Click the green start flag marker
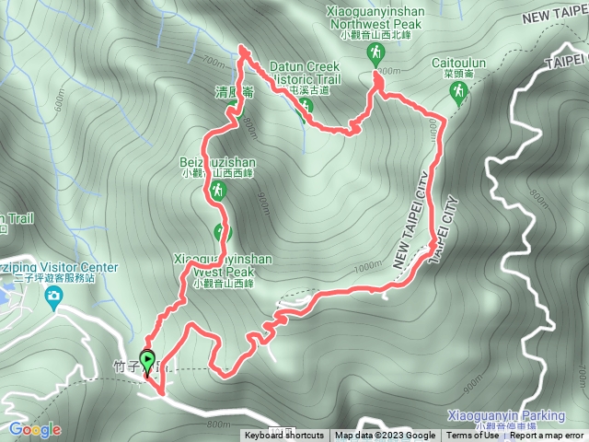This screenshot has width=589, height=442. click(x=147, y=360)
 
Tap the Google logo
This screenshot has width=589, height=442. click(x=34, y=429)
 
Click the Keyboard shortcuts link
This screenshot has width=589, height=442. click(x=284, y=436)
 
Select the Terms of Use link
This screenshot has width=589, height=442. click(x=468, y=436)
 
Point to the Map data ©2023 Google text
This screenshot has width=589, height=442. click(x=386, y=436)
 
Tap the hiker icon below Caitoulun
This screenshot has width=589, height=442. click(x=458, y=92)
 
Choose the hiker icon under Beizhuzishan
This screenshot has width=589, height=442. click(x=218, y=191)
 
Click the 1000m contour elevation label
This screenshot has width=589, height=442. click(x=365, y=266)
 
